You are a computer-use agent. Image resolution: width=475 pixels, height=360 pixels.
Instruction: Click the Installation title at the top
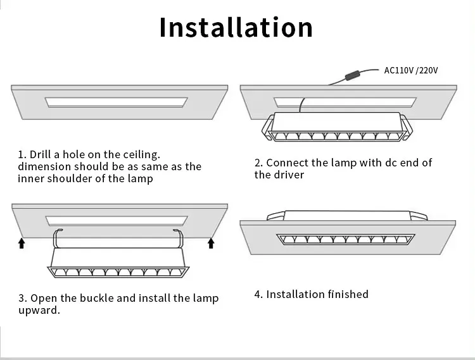[x=236, y=28]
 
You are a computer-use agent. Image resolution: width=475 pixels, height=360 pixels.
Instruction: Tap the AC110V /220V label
[x=411, y=70]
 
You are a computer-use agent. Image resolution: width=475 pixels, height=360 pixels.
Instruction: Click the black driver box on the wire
[x=350, y=77]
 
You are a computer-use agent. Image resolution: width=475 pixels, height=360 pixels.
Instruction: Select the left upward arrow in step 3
[x=22, y=242]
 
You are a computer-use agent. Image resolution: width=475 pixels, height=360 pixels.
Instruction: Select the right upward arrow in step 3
[x=211, y=242]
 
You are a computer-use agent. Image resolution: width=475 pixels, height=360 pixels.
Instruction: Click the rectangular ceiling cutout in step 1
[x=117, y=102]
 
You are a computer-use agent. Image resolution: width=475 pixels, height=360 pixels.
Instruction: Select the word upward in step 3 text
[x=39, y=311]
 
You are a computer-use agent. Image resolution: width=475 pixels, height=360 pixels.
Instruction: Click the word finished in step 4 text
[x=348, y=294]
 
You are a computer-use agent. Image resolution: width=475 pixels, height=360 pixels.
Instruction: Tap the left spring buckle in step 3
[x=56, y=239]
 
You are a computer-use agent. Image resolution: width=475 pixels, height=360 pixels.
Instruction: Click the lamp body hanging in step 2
[x=336, y=125]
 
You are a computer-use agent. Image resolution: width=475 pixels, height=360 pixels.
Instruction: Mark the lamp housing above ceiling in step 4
[x=347, y=215]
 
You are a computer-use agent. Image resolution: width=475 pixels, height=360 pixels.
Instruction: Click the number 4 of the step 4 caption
[x=257, y=294]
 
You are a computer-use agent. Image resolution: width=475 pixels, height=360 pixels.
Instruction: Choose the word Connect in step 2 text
[x=286, y=163]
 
